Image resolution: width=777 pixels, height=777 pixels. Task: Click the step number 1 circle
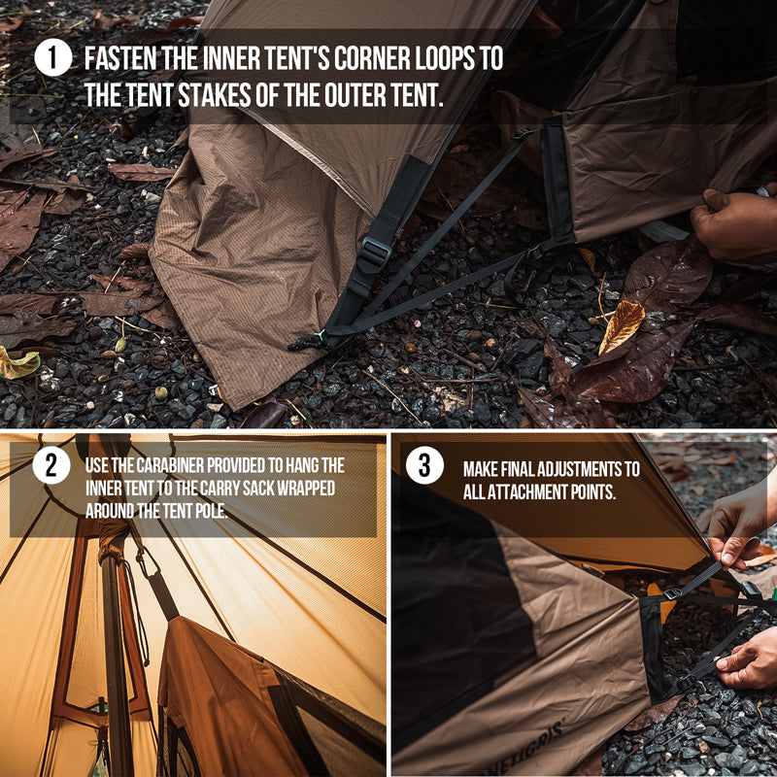tap(53, 57)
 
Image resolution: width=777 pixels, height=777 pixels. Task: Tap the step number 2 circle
tap(51, 465)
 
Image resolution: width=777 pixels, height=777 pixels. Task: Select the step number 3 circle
tap(424, 465)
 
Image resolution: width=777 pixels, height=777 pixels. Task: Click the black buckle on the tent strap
tap(374, 254)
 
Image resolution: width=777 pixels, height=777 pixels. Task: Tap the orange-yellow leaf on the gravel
tap(622, 326)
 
